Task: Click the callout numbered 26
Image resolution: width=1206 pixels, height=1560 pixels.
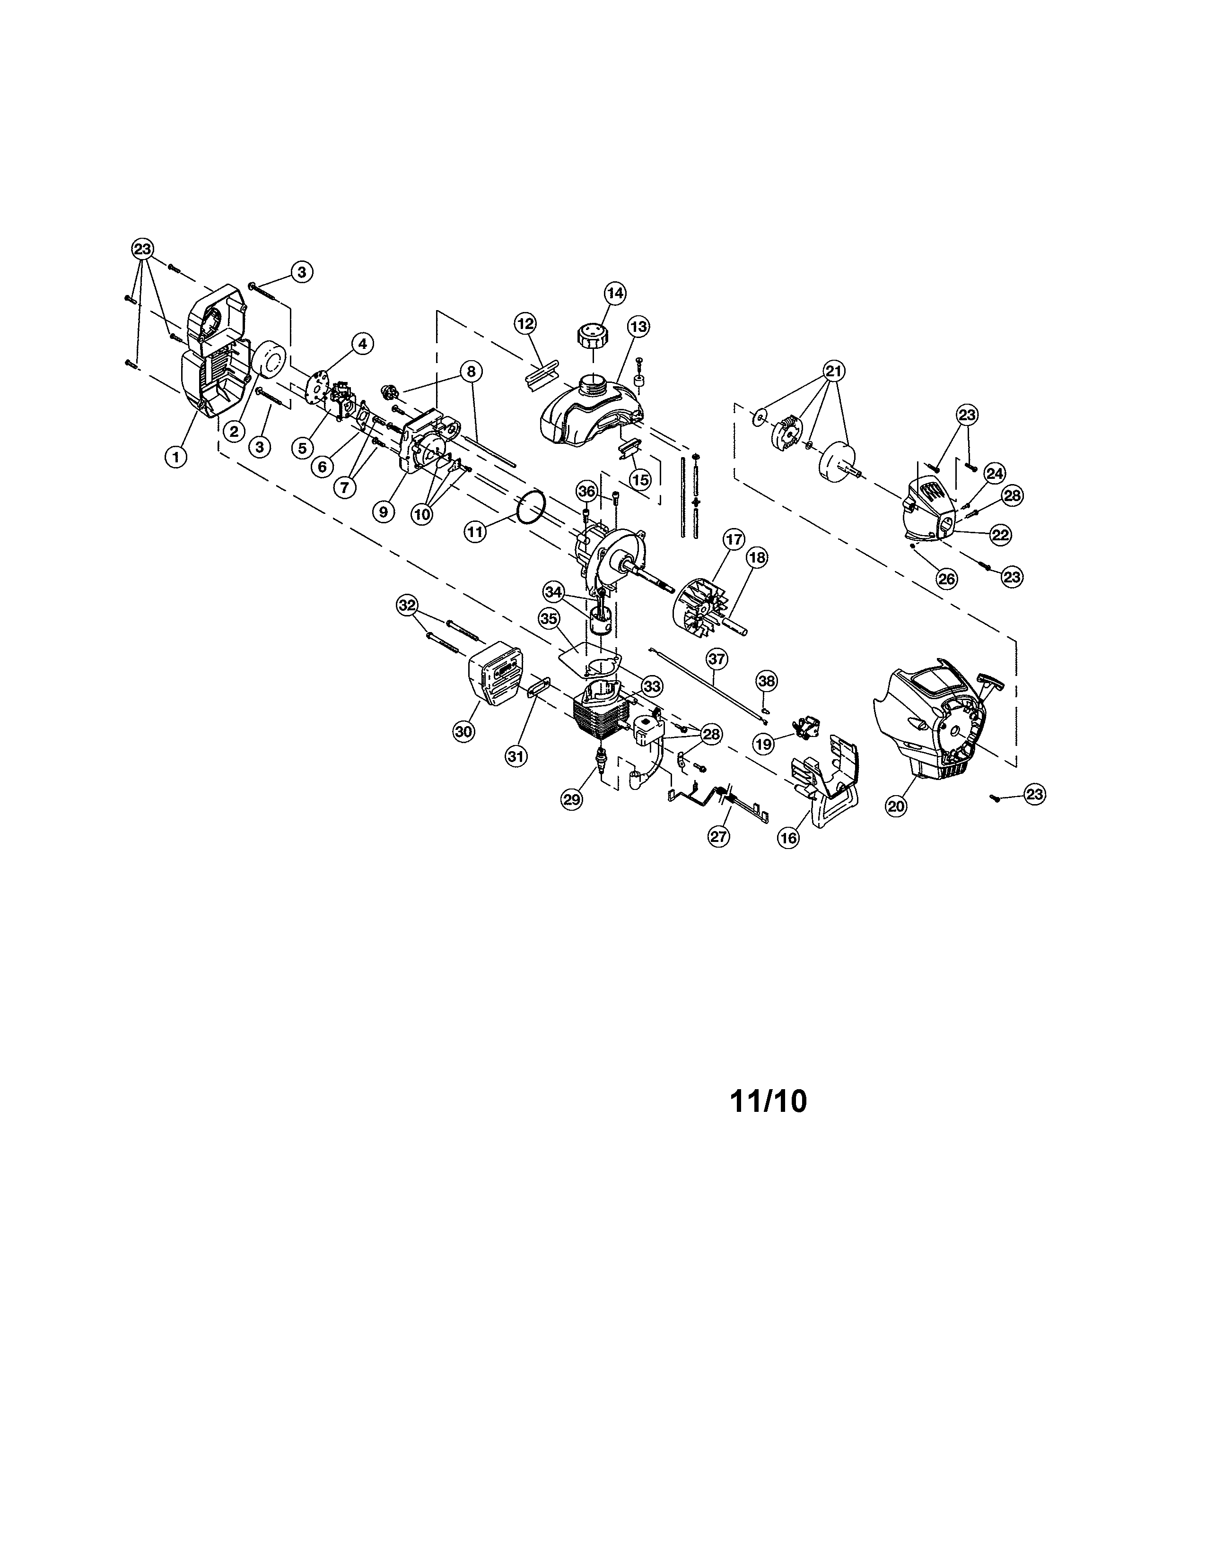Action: [x=947, y=579]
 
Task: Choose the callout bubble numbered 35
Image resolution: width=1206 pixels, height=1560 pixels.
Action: [x=548, y=619]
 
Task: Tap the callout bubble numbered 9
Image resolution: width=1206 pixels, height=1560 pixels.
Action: [x=384, y=511]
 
